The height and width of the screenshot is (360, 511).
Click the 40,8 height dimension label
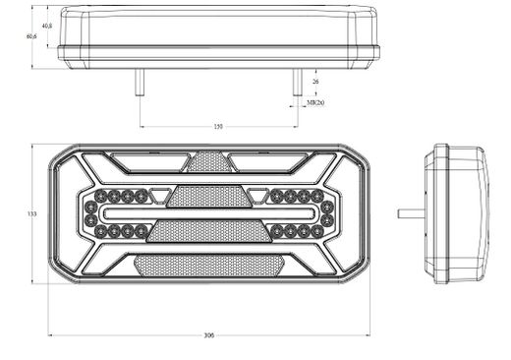click(47, 27)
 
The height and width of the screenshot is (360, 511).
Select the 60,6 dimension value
click(31, 36)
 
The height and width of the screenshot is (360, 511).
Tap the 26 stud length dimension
click(315, 82)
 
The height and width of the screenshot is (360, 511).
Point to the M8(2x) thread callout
click(315, 102)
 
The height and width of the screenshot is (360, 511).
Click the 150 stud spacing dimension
click(217, 125)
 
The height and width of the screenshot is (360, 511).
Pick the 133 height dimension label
click(31, 213)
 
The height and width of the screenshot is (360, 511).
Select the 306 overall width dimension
click(208, 335)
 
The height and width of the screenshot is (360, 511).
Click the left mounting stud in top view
click(140, 82)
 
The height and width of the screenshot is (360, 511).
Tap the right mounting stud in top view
click(297, 82)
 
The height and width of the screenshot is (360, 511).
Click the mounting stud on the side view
click(410, 212)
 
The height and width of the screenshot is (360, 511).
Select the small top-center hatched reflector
click(208, 160)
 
